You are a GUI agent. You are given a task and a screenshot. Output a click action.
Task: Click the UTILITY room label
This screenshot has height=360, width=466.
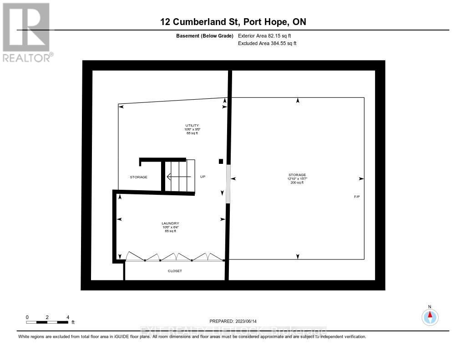(x=192, y=125)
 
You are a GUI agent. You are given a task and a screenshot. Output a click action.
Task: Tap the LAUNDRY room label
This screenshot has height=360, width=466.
(x=171, y=223)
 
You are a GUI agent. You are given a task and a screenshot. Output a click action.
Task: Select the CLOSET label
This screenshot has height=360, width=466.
(x=175, y=271)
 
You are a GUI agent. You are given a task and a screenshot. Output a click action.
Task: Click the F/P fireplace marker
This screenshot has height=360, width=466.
(x=357, y=197)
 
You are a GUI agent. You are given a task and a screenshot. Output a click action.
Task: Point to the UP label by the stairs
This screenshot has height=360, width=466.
(x=203, y=177)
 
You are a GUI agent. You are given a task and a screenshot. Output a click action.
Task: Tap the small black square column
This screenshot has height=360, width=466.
(x=221, y=161)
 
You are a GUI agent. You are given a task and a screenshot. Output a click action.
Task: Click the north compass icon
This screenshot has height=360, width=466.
(x=430, y=316)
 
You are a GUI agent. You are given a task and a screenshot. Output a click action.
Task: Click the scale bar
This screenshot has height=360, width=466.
(x=47, y=322)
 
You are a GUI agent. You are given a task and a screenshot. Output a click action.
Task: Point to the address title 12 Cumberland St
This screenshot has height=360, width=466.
(x=236, y=22)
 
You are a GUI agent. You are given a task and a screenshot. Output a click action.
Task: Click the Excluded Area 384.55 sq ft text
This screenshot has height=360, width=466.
(x=267, y=44)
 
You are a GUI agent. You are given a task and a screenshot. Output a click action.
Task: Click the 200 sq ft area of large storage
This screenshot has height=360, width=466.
(x=297, y=183)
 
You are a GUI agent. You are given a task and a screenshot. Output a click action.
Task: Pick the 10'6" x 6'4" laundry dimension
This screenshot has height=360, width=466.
(x=171, y=227)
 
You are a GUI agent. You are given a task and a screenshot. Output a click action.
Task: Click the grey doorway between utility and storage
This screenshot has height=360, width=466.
(x=228, y=180)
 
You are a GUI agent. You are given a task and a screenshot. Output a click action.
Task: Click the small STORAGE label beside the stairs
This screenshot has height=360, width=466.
(x=138, y=177)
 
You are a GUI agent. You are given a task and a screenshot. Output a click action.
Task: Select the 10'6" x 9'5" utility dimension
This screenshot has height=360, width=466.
(x=192, y=129)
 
